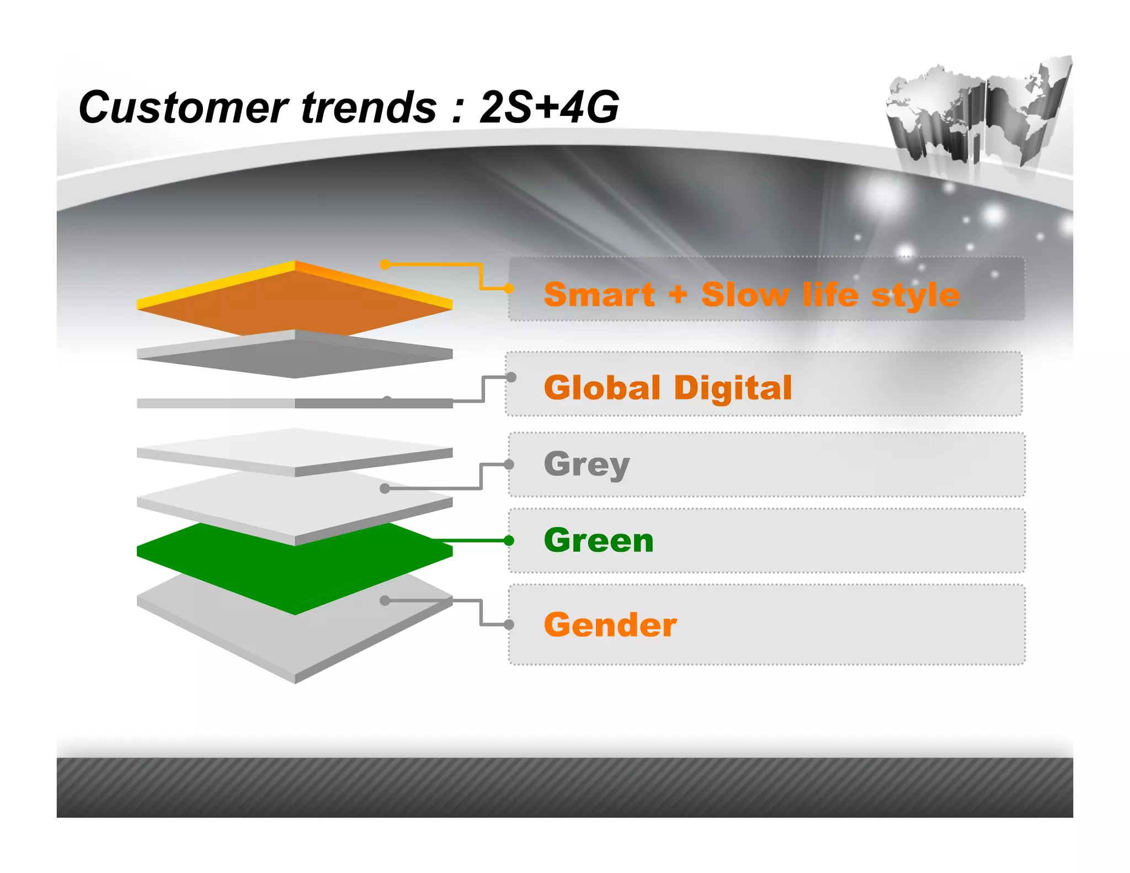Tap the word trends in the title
coord(369,108)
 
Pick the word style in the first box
coord(915,296)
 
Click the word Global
coord(602,387)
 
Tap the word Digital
coord(733,387)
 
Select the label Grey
coord(587,465)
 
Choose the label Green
coord(599,540)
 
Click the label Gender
coord(610,625)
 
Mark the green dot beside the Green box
coord(509,541)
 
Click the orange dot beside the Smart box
coord(509,288)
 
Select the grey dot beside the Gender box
coord(509,625)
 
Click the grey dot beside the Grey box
coord(509,465)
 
